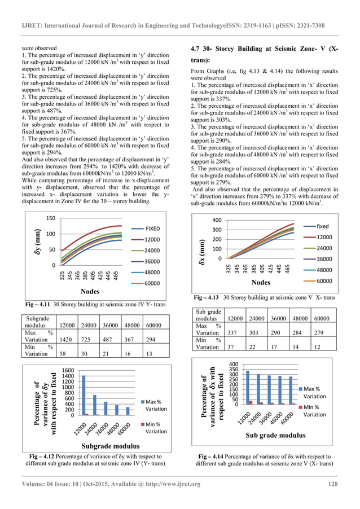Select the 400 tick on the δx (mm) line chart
pos(216,220)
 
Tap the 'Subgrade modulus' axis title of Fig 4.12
pos(100,445)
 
